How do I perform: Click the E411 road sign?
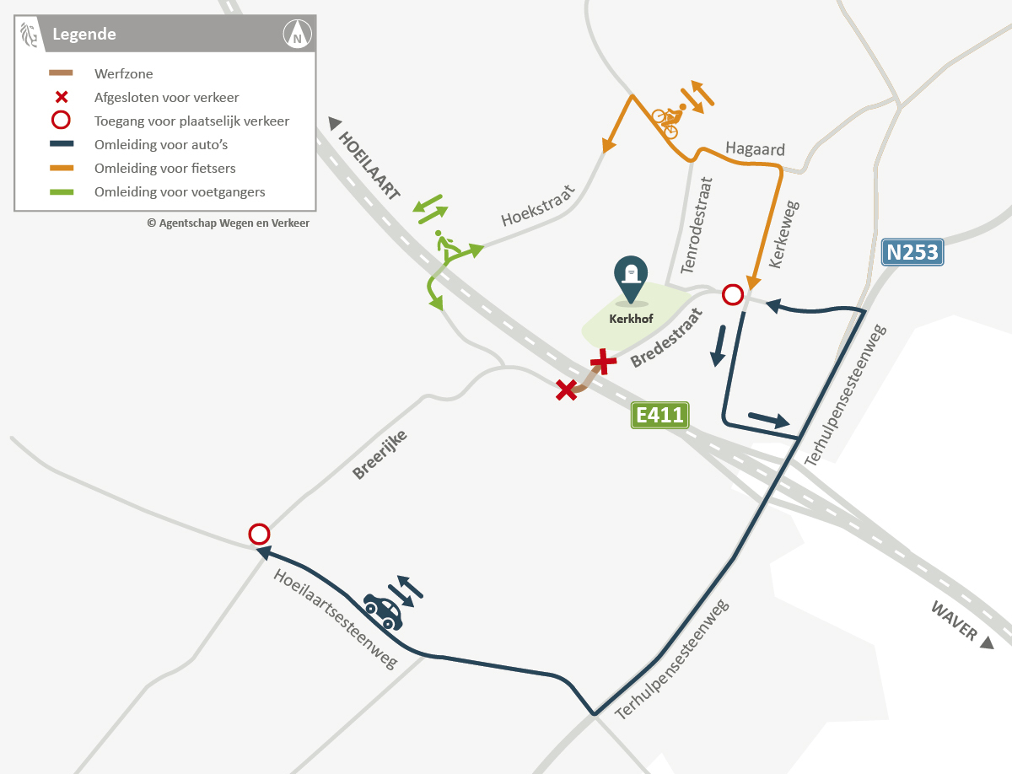coord(660,415)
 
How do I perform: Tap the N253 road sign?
coord(911,252)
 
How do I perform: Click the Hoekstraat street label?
coord(537,206)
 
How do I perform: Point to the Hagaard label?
coord(755,150)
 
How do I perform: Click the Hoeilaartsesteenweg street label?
coord(335,619)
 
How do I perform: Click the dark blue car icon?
coord(383,611)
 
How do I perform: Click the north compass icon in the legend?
coord(297,35)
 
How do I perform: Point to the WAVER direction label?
coord(954,621)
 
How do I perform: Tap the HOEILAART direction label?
coord(369,165)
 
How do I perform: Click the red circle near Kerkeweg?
coord(733,295)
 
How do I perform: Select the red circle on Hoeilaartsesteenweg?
coord(259,534)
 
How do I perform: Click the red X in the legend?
coord(61,98)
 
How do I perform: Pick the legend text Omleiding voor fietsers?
coord(164,169)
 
